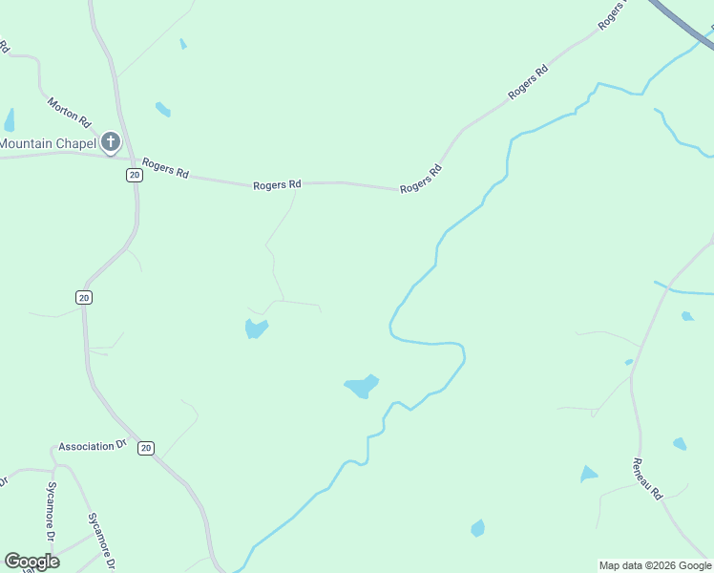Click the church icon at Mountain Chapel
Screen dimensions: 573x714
click(x=111, y=143)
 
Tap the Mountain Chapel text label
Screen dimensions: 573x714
click(x=48, y=144)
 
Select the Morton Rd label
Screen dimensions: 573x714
click(x=68, y=112)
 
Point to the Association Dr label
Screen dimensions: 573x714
click(x=93, y=446)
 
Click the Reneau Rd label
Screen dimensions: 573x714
click(x=646, y=478)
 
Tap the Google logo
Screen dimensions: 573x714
click(x=31, y=562)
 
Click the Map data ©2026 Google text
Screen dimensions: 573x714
click(x=655, y=565)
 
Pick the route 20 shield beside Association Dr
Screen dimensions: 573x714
click(x=145, y=448)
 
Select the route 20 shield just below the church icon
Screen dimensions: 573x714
click(x=134, y=175)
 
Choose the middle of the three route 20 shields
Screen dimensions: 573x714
click(x=84, y=298)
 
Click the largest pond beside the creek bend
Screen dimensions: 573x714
click(x=361, y=387)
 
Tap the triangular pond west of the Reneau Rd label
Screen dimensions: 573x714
click(x=588, y=475)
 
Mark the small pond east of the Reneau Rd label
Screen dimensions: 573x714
click(x=679, y=444)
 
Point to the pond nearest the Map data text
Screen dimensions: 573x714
click(x=477, y=528)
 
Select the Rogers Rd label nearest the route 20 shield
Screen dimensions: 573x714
click(x=165, y=169)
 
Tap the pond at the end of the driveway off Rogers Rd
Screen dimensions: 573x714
click(x=256, y=329)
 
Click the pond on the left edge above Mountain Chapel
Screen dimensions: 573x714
click(x=10, y=120)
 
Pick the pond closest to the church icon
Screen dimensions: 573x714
click(x=163, y=110)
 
